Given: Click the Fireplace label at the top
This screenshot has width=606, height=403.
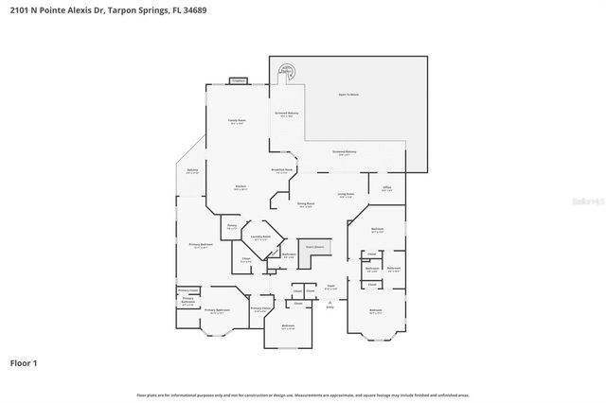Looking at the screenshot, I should (239, 80).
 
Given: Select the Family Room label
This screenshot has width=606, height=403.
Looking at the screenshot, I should (237, 121).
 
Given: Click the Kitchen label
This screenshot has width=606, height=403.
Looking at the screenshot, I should (241, 187).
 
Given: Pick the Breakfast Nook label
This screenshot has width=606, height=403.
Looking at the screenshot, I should (282, 170).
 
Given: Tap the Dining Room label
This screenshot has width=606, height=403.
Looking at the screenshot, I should (306, 205).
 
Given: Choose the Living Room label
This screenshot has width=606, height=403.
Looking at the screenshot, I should (346, 195).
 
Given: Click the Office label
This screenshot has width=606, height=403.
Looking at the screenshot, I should (387, 188).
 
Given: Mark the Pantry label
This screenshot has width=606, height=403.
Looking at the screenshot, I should (232, 226).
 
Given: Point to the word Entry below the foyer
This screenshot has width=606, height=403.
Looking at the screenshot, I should (330, 307).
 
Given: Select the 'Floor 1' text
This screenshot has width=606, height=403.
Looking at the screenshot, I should (24, 362).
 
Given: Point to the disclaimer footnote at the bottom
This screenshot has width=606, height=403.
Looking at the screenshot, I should (303, 394).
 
